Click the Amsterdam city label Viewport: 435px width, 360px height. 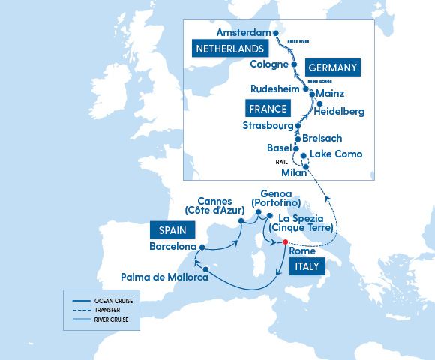point(241,33)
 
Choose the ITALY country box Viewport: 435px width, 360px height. point(307,266)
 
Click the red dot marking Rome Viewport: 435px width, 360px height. point(285,241)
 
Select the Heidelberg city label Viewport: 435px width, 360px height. point(340,112)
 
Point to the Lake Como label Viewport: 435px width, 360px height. point(336,154)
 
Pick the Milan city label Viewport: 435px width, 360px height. point(293,172)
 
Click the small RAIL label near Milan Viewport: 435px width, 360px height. point(282,160)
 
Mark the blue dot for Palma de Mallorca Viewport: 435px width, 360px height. point(205,270)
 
